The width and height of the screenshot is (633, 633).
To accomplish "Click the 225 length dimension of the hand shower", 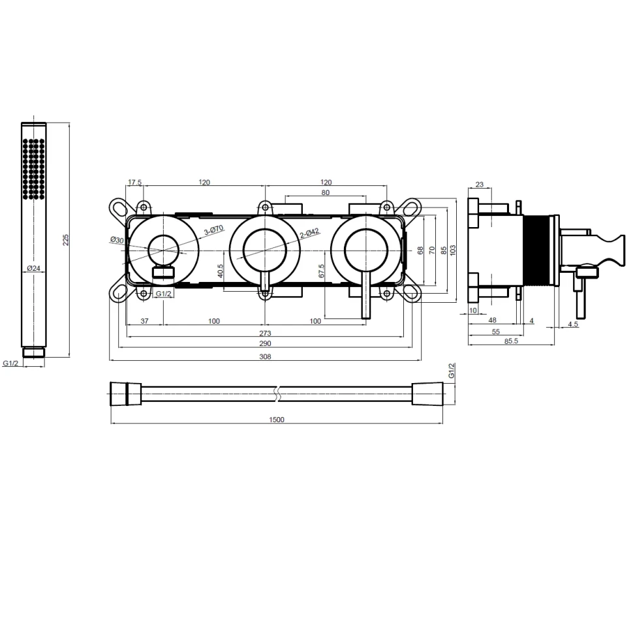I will coord(65,239).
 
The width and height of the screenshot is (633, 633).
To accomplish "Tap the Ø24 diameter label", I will coord(34,268).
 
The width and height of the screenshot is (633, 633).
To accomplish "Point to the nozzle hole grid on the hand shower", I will coord(34,168).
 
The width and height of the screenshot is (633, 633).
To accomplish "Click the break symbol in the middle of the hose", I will coord(277,392).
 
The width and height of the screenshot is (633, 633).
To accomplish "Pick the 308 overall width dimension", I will coord(264,356).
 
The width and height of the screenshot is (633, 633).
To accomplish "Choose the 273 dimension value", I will coord(264,333).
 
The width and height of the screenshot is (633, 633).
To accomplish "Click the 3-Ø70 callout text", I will coord(214,230).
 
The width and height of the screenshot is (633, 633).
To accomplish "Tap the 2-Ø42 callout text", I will coord(309,232).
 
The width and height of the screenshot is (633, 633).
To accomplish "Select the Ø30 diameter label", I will coord(117,240).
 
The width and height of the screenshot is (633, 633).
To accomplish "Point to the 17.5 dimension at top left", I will coord(134,183).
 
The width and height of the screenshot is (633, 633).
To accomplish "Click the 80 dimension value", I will coord(326,193).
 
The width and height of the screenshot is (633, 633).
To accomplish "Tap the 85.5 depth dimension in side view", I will coord(510,342).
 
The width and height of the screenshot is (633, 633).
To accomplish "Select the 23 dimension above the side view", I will coord(479,185).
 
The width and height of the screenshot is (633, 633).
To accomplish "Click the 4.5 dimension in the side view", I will coord(572,324).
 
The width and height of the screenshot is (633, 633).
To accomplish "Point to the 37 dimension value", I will coord(144,321).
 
